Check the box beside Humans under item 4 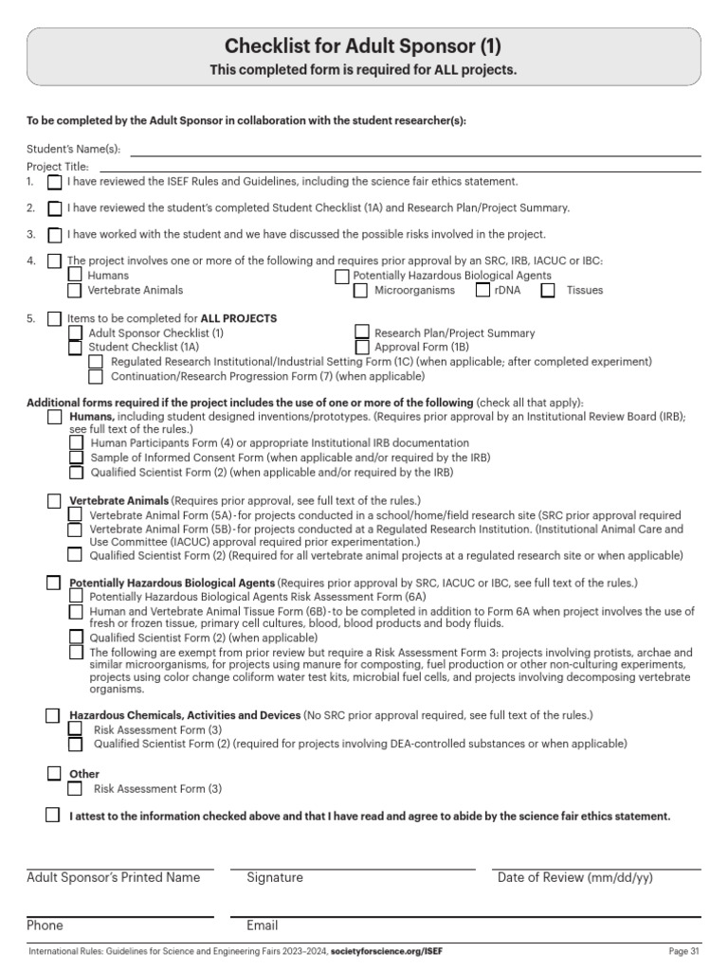[x=75, y=276]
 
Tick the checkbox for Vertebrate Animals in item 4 [x=75, y=290]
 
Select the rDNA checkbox [x=483, y=291]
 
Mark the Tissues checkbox [x=548, y=291]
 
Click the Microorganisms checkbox [x=361, y=291]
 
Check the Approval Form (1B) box [x=361, y=348]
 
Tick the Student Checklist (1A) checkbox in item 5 [x=75, y=348]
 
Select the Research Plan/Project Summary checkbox [x=361, y=332]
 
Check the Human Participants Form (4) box [x=75, y=443]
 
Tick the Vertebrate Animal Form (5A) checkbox [x=75, y=514]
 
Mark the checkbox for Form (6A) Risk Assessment [x=75, y=597]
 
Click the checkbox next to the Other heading [x=54, y=774]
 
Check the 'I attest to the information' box [x=53, y=816]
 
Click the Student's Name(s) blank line [x=415, y=149]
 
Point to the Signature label [x=275, y=878]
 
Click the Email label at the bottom [x=263, y=925]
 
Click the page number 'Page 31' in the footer [x=683, y=951]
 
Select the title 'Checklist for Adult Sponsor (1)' [x=363, y=46]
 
